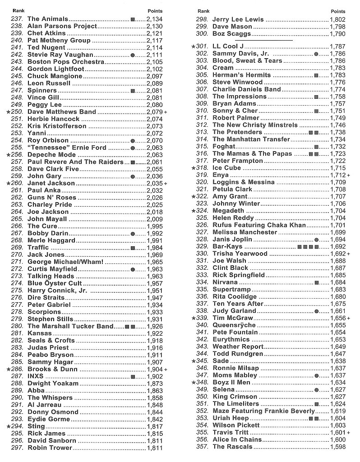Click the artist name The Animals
[48, 19]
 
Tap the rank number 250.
[17, 112]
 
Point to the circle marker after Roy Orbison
[132, 141]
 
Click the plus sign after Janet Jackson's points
[166, 184]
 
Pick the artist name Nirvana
[225, 282]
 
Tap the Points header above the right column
[338, 11]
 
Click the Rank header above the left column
[18, 10]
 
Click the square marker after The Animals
[133, 19]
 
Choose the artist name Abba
[36, 391]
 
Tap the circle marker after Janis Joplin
[316, 240]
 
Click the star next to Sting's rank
[9, 426]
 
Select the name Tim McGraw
[231, 318]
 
